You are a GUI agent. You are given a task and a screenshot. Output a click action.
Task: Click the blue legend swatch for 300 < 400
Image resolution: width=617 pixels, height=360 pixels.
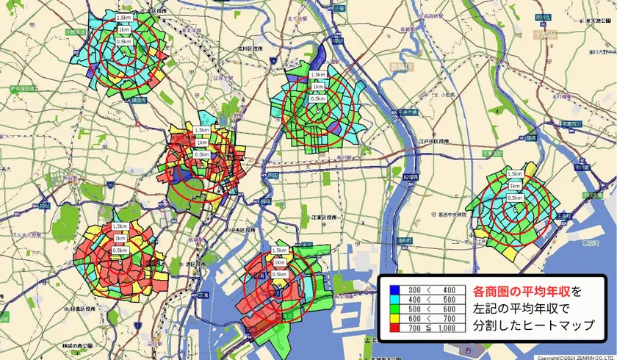click(394, 290)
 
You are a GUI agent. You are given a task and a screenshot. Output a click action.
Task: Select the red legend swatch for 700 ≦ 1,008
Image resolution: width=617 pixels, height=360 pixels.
click(394, 327)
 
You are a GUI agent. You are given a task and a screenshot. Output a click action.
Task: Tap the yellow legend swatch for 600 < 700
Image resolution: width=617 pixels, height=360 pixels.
click(394, 318)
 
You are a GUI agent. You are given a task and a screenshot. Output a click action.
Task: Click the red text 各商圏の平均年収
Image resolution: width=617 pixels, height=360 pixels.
click(521, 291)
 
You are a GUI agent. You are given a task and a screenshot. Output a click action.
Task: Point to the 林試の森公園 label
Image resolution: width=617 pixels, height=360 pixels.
click(76, 345)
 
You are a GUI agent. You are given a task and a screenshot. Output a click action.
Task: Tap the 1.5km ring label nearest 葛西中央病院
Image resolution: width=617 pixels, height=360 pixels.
click(515, 173)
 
